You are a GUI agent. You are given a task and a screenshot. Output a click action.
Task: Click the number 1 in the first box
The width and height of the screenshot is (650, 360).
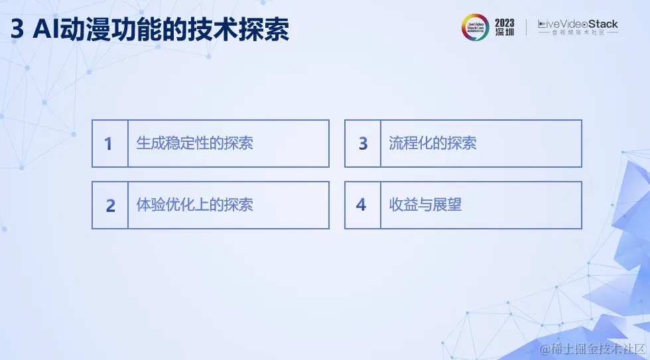point(108,144)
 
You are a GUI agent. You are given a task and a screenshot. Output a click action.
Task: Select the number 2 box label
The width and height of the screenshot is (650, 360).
point(110,206)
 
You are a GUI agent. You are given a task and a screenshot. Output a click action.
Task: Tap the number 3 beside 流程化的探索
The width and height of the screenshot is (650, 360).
point(363,144)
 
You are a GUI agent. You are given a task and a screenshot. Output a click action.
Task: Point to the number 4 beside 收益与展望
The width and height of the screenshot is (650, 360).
point(361,205)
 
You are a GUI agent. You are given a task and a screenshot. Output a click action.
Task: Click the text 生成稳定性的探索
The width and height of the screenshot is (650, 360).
point(194,143)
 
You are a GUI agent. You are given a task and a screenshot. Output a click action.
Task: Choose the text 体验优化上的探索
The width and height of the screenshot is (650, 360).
point(194,205)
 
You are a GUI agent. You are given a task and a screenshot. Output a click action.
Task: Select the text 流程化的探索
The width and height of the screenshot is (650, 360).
point(432,143)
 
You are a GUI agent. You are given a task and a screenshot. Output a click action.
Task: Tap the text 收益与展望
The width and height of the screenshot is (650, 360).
point(425,204)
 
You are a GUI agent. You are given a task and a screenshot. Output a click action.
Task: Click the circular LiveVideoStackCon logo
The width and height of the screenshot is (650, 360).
point(475,27)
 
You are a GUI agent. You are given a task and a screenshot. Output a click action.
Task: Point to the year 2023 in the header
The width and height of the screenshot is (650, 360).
point(505,23)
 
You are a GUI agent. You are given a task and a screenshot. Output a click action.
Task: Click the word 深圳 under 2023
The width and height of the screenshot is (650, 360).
point(505,32)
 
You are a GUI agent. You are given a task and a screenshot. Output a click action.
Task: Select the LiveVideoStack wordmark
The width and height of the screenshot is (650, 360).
point(578,24)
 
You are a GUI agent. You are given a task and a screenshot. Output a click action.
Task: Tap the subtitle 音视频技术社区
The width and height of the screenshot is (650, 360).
point(578,32)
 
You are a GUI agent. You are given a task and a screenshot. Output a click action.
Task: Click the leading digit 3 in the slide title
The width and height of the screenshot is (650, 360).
point(17,29)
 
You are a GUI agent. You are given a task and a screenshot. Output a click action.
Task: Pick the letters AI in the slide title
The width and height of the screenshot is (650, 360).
point(46,29)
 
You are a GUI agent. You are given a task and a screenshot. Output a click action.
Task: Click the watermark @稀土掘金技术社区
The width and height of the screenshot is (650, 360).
point(592,349)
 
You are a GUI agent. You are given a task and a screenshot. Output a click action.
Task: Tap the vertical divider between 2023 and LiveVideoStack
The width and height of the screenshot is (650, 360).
point(526,27)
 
